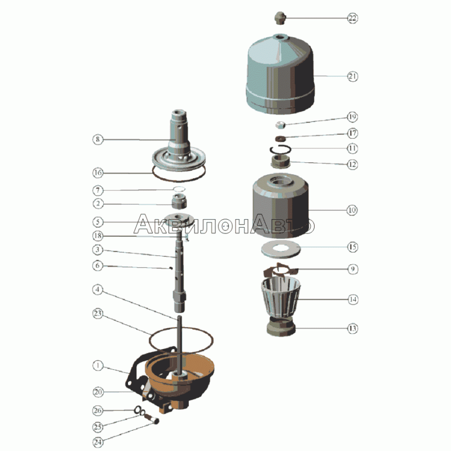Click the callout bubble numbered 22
click(x=352, y=18)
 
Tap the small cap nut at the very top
click(x=280, y=18)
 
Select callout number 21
click(x=352, y=77)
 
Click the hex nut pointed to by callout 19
click(x=280, y=125)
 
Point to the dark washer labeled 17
click(x=280, y=139)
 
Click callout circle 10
click(x=352, y=210)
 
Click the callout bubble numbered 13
click(x=352, y=329)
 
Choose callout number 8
click(x=98, y=139)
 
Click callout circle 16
click(x=98, y=173)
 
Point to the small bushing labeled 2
click(x=179, y=201)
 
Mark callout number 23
click(x=98, y=313)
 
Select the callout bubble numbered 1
click(x=98, y=365)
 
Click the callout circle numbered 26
click(x=98, y=410)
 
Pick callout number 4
click(x=98, y=289)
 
